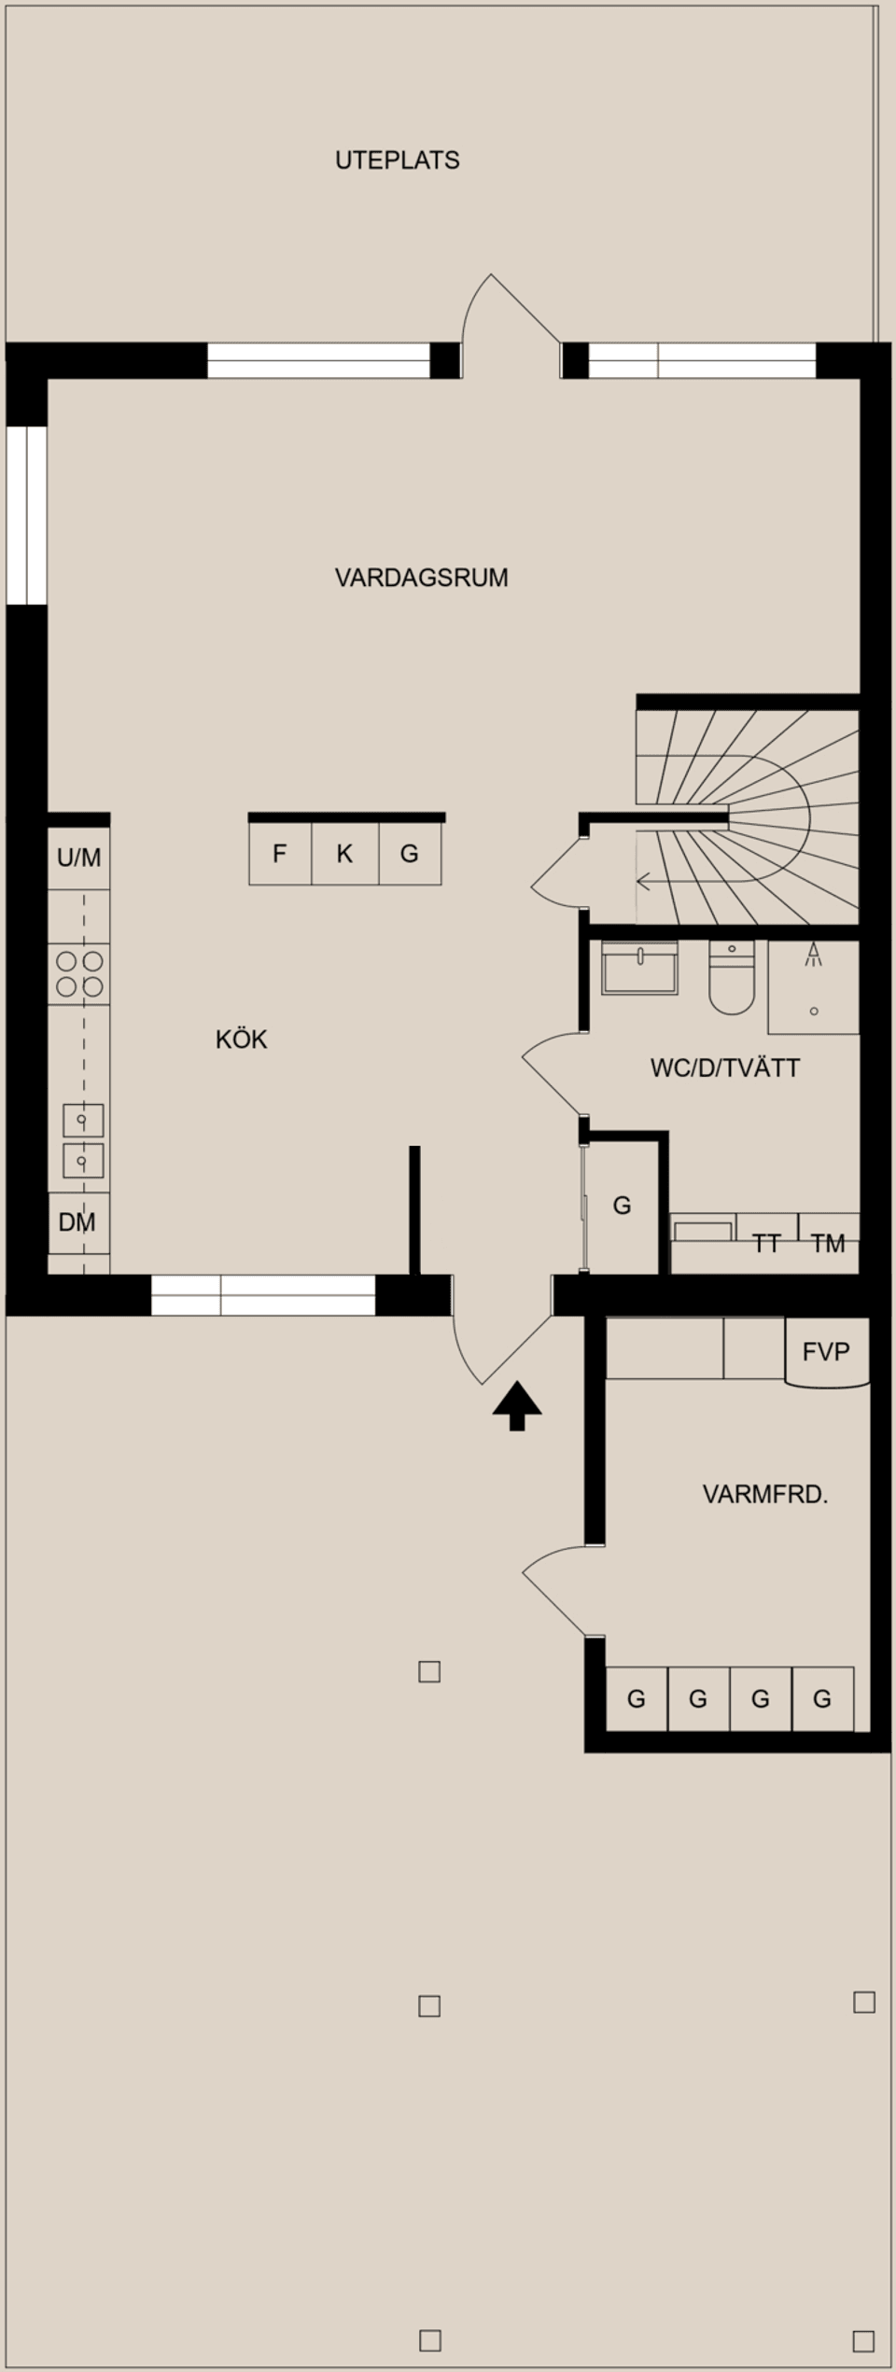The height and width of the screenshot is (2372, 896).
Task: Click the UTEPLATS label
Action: click(397, 160)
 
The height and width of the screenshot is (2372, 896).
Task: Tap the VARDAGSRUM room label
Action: click(421, 578)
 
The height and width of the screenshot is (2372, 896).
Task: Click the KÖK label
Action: click(241, 1039)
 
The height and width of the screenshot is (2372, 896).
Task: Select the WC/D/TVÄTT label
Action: click(724, 1068)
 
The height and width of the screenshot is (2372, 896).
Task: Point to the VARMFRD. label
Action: click(764, 1495)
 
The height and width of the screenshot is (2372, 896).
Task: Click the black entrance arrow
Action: click(517, 1406)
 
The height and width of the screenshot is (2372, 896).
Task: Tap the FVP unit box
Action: click(826, 1351)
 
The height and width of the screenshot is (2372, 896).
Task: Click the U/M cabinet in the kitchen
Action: click(79, 858)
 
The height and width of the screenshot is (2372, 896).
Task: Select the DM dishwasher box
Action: click(77, 1222)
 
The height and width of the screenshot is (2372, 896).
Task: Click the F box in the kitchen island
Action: click(279, 854)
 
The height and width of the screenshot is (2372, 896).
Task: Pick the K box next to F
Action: click(344, 854)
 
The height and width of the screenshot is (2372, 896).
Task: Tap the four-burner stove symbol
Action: click(79, 973)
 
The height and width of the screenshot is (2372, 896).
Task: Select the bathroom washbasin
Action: click(639, 969)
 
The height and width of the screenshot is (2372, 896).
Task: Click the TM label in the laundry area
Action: click(828, 1243)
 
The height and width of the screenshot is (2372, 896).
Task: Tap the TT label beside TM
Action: click(766, 1243)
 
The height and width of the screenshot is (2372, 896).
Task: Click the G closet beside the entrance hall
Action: click(622, 1206)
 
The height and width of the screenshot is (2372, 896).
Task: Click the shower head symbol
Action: click(814, 953)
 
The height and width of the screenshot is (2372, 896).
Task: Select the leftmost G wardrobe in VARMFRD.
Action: click(636, 1699)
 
